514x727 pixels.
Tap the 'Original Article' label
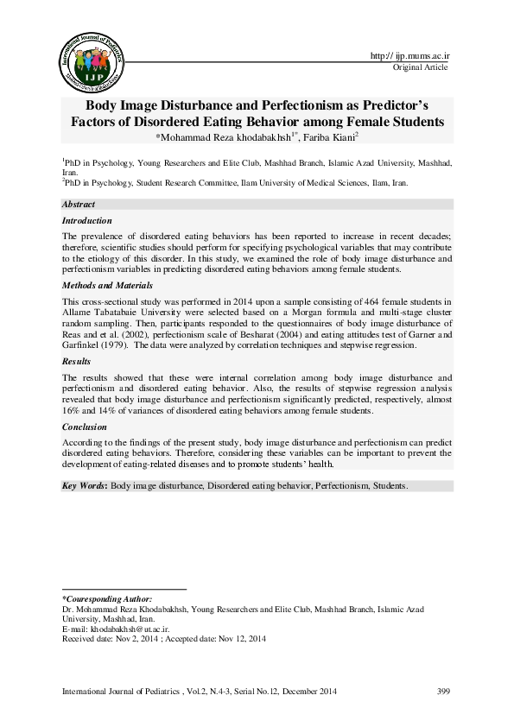click(421, 66)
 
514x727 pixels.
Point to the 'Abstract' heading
click(79, 204)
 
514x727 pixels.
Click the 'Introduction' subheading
click(87, 221)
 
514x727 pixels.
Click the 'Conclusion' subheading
click(84, 427)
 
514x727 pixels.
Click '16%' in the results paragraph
click(73, 410)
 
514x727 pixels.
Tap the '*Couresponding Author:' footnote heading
click(107, 598)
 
